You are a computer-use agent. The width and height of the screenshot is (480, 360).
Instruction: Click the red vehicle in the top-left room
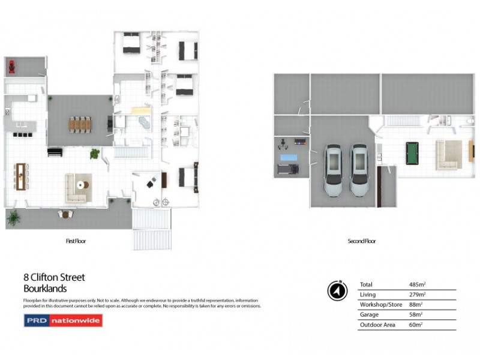(x=11, y=66)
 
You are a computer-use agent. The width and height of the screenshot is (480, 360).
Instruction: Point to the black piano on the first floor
(x=55, y=151)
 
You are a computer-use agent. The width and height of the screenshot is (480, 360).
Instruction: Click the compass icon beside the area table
(x=337, y=290)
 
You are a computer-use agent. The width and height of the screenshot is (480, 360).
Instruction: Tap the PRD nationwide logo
(x=63, y=320)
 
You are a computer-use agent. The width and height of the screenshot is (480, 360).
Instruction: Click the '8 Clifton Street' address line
(x=54, y=277)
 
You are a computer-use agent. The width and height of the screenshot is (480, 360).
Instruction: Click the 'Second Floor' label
(x=362, y=241)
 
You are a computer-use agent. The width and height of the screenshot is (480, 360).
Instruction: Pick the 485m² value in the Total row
(x=416, y=284)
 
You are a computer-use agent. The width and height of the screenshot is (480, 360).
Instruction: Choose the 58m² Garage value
(x=416, y=314)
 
